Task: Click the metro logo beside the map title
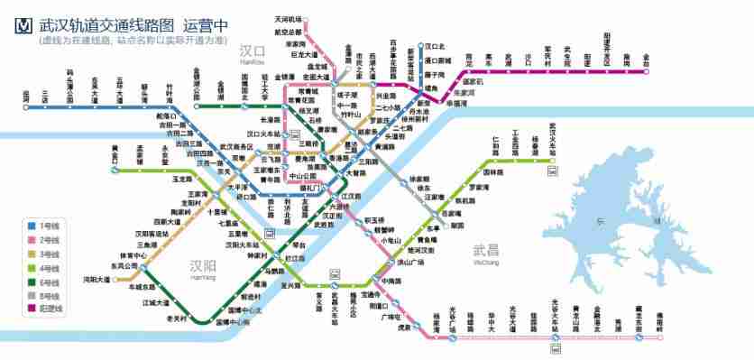coord(24,25)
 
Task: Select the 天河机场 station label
coord(289,20)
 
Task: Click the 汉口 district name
coord(253,51)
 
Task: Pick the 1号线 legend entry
coord(49,225)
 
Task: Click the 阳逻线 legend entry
coord(51,309)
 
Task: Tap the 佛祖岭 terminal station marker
coord(659,337)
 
